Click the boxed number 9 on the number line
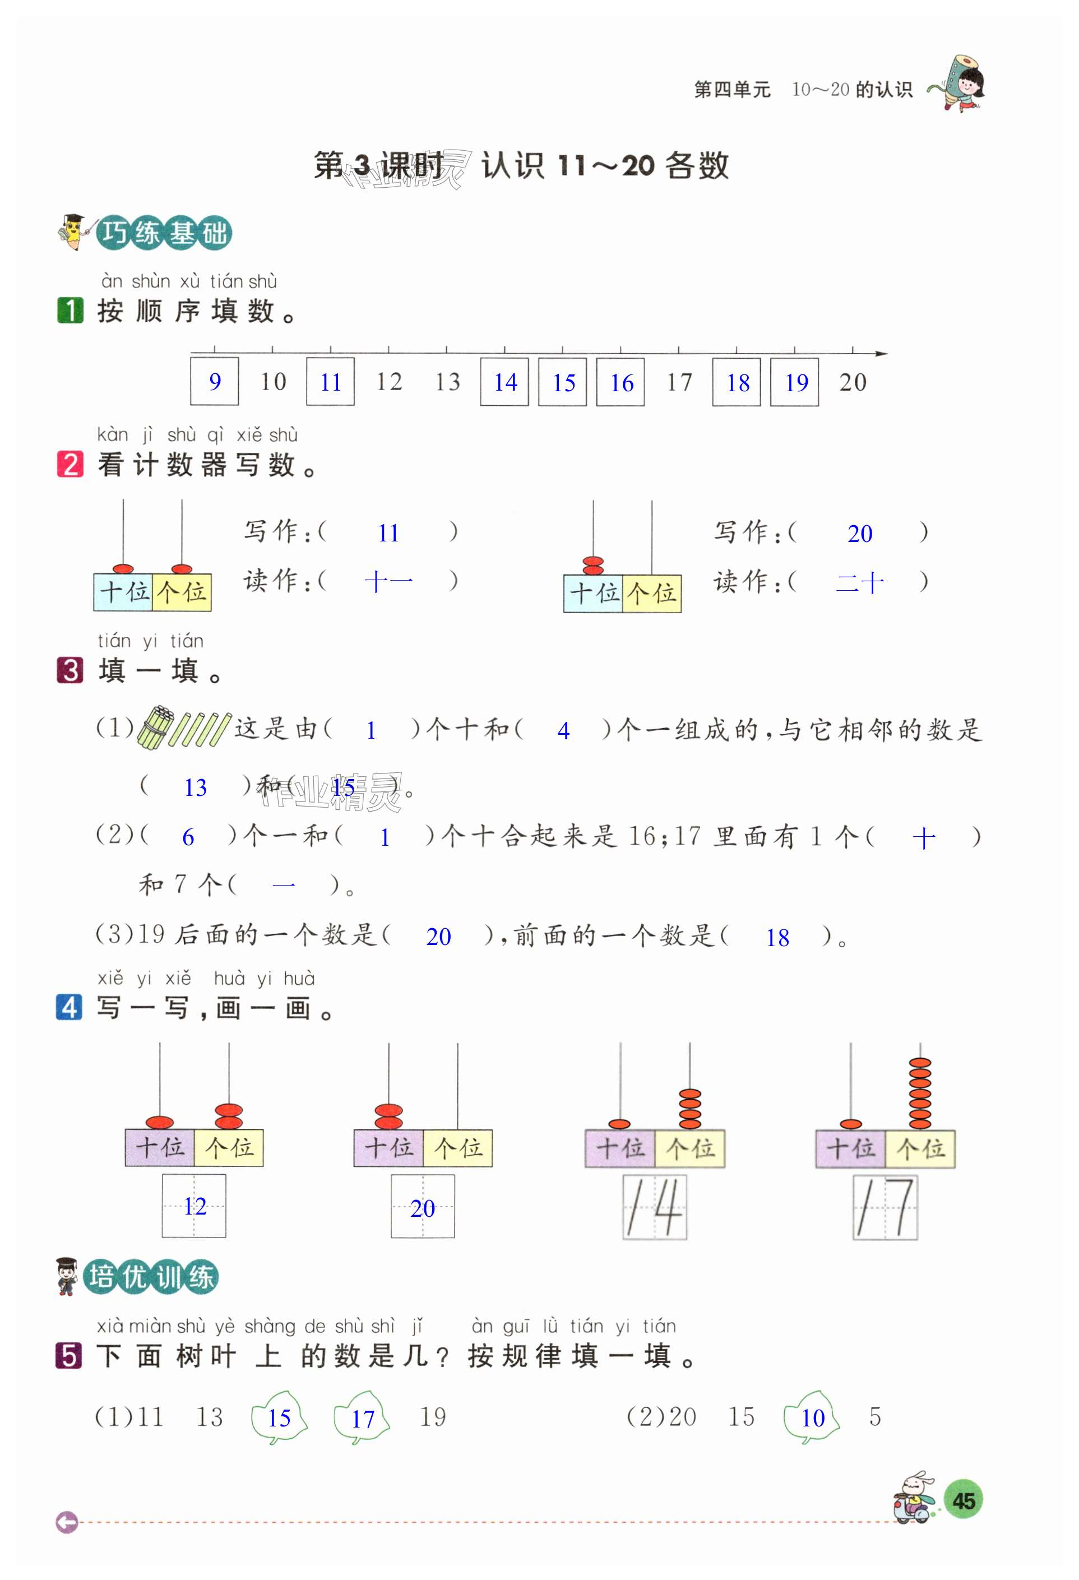pyautogui.click(x=214, y=381)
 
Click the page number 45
pyautogui.click(x=964, y=1500)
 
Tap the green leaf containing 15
pyautogui.click(x=279, y=1417)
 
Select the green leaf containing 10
pyautogui.click(x=812, y=1417)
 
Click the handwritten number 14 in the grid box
pyautogui.click(x=654, y=1207)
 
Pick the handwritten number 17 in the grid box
pyautogui.click(x=885, y=1207)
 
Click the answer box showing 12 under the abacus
pyautogui.click(x=194, y=1206)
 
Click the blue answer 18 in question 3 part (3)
pyautogui.click(x=777, y=938)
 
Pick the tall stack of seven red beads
pyautogui.click(x=919, y=1093)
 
